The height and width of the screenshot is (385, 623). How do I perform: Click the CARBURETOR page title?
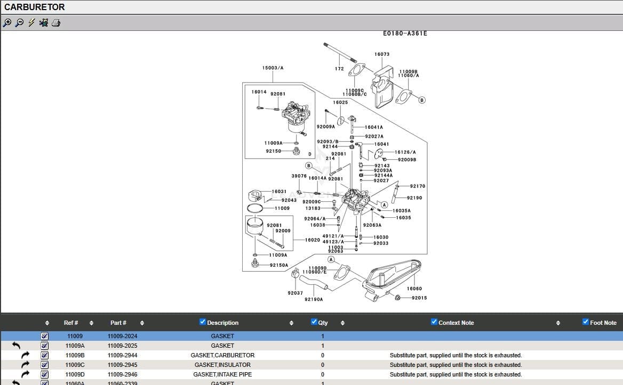(35, 7)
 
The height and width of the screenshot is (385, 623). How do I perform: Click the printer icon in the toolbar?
(57, 22)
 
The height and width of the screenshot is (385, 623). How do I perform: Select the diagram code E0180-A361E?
(405, 34)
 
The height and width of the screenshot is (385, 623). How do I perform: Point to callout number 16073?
(382, 54)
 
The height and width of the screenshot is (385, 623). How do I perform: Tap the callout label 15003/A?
(273, 68)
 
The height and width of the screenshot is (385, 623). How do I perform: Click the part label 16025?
(340, 103)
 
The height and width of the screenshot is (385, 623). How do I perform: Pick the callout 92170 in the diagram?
(417, 186)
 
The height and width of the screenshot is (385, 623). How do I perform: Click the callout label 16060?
(414, 289)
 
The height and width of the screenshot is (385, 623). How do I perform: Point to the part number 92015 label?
(419, 298)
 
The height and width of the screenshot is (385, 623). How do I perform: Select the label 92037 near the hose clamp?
(295, 293)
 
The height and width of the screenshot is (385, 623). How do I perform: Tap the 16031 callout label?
(279, 191)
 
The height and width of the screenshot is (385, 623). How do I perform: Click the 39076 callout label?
(299, 176)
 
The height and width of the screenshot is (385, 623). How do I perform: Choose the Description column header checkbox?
(203, 322)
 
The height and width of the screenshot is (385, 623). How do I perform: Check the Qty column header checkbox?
(314, 322)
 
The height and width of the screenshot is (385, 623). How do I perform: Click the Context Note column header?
(456, 323)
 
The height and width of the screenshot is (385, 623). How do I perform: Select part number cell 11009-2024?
(122, 336)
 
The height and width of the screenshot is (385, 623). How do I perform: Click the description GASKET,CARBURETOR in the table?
(222, 355)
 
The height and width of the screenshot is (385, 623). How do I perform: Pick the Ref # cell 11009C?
(75, 365)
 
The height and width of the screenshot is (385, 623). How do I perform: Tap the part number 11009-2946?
(122, 374)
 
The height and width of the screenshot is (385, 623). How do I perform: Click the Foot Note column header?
(603, 323)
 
